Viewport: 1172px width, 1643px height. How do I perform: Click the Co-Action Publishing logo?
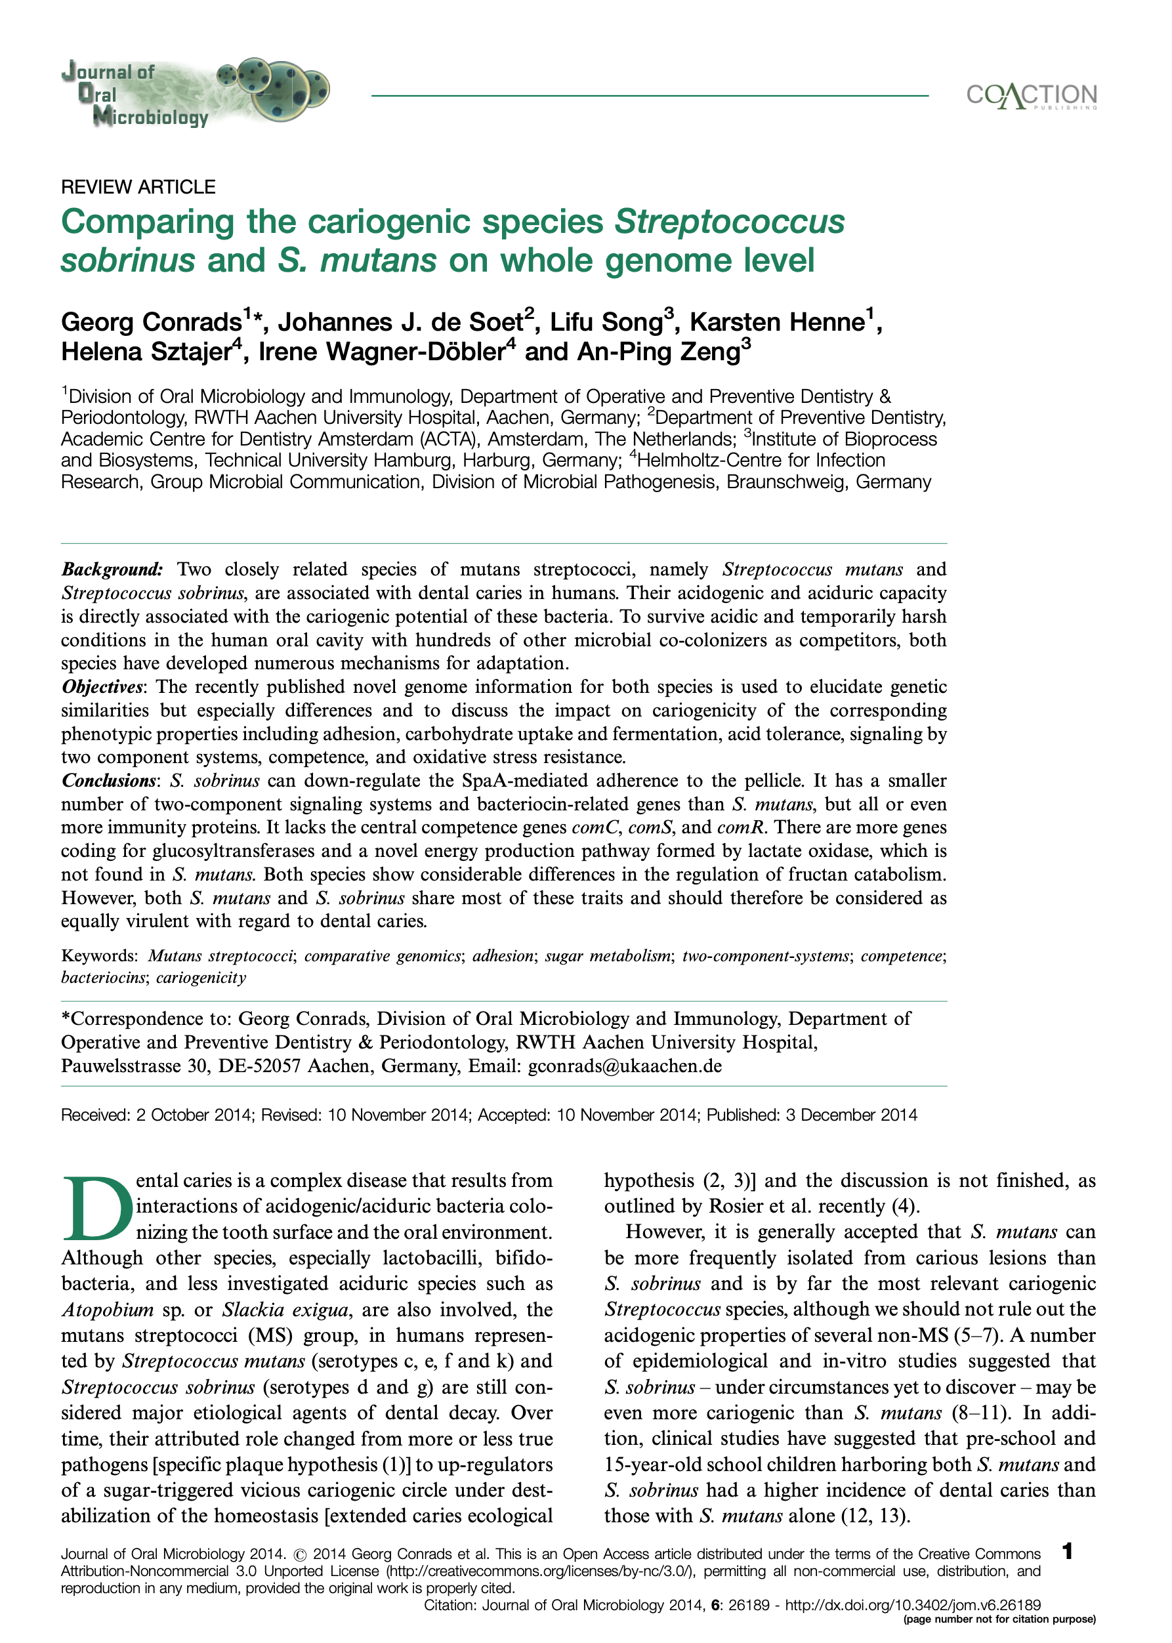(1032, 96)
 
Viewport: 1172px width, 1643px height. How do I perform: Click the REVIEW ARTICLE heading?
(138, 187)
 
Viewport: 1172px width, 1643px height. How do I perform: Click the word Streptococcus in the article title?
(729, 222)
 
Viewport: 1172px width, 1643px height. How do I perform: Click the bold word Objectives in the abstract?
(101, 687)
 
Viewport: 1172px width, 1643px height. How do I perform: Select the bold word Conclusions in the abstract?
(108, 781)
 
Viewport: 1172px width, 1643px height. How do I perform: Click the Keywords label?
(99, 956)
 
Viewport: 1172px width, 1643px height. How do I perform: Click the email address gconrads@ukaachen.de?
(624, 1066)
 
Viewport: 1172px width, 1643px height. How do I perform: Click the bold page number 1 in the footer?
(1068, 1550)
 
